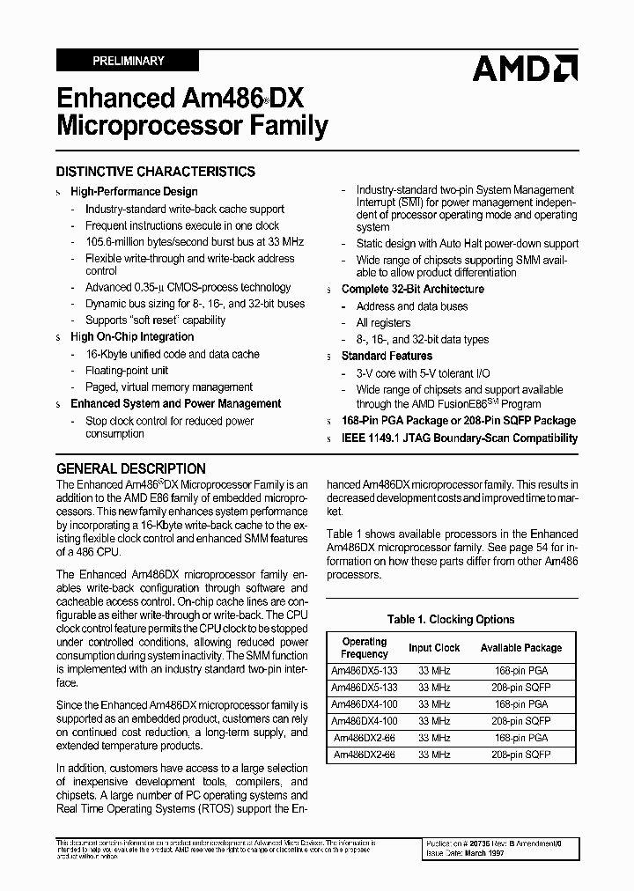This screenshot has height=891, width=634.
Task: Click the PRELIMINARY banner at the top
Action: [128, 61]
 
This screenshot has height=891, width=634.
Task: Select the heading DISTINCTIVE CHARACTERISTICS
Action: [156, 172]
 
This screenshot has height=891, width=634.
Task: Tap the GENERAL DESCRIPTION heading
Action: [131, 468]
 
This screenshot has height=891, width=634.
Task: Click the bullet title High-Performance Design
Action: [134, 191]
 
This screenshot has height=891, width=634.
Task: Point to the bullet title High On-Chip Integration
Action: [132, 336]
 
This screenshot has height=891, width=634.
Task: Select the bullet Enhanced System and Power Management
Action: [176, 403]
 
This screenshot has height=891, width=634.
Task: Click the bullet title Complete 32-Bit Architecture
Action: [413, 289]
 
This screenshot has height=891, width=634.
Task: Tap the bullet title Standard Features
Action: [387, 356]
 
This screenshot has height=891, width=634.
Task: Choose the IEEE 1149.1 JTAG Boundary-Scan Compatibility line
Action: [460, 438]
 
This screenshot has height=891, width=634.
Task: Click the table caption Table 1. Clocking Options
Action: [451, 619]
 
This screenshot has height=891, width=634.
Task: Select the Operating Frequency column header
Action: [365, 648]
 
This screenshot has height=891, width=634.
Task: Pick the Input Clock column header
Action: [434, 648]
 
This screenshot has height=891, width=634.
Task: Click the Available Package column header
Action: [521, 648]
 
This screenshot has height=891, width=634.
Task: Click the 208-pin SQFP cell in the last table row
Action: [521, 755]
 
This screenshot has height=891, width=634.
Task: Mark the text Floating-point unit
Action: [127, 371]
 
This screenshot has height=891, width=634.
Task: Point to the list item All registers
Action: [383, 323]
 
